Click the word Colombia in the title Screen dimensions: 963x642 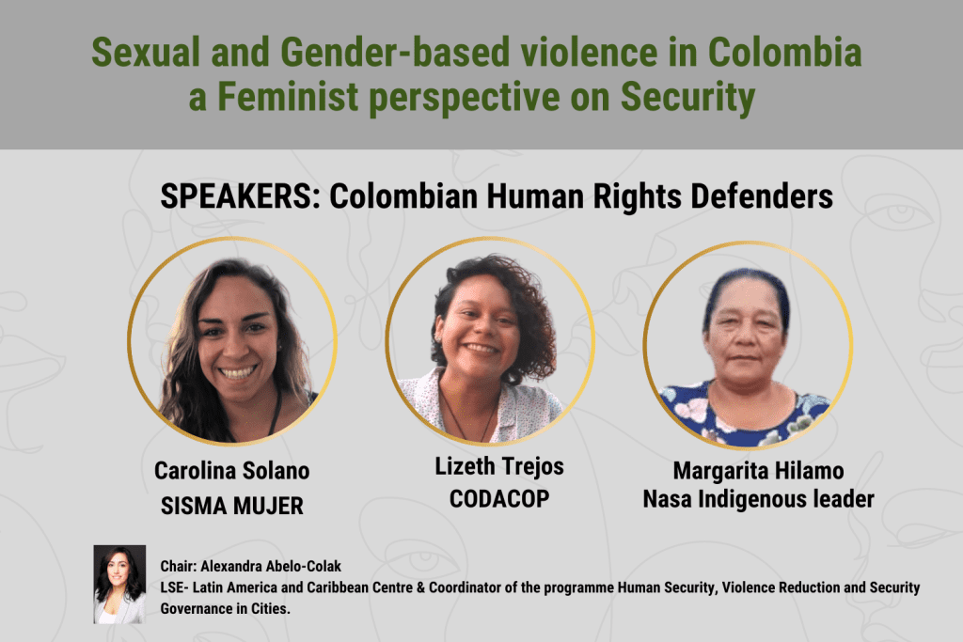(784, 52)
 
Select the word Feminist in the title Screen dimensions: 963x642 (288, 97)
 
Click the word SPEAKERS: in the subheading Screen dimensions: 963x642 (240, 196)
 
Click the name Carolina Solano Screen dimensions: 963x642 (231, 471)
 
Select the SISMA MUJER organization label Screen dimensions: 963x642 (231, 506)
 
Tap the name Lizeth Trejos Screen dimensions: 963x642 (499, 467)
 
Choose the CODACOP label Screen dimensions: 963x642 (499, 499)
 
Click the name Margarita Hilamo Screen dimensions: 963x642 (759, 471)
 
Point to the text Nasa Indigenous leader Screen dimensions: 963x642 (759, 499)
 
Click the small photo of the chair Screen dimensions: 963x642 (119, 585)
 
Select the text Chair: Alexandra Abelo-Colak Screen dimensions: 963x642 (250, 566)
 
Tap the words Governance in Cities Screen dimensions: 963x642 (226, 609)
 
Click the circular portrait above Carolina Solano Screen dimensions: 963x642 (232, 341)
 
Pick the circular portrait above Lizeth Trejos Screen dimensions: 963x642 (490, 341)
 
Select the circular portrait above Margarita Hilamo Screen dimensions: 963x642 (748, 346)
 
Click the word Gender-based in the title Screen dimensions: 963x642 (395, 52)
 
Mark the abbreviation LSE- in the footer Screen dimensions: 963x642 (173, 587)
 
